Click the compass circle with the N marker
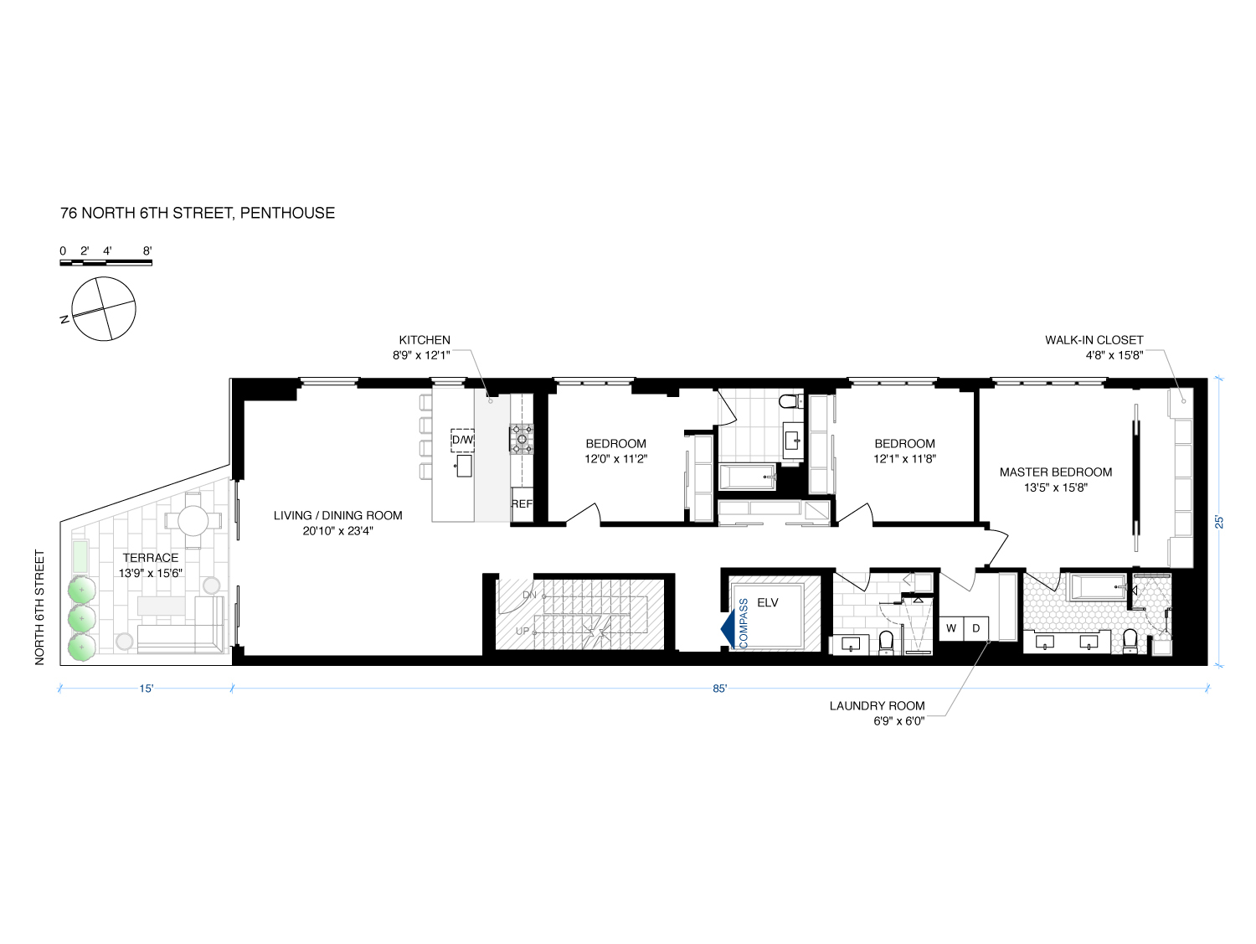(x=104, y=309)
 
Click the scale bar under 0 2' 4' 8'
(x=106, y=264)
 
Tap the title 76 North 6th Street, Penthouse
(x=198, y=213)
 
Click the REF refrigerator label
(x=522, y=504)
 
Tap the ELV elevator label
(x=768, y=602)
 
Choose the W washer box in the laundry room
(x=952, y=628)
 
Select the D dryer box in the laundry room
(x=976, y=628)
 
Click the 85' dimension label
(x=719, y=689)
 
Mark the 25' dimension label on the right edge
(x=1220, y=521)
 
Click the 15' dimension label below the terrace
(x=147, y=689)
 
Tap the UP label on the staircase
(x=522, y=631)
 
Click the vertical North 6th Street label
(x=39, y=607)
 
